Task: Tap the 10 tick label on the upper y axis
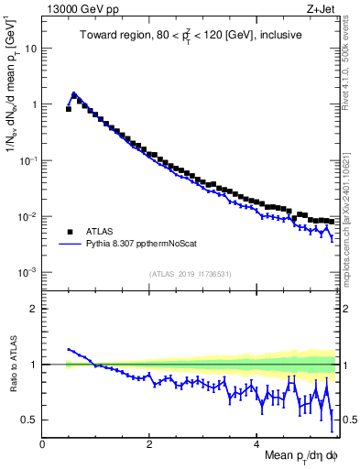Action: (30, 49)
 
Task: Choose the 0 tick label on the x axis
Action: (43, 443)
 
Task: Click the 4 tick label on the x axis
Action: (257, 443)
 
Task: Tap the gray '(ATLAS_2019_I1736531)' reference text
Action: (189, 274)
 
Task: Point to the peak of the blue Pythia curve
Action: (73, 93)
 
